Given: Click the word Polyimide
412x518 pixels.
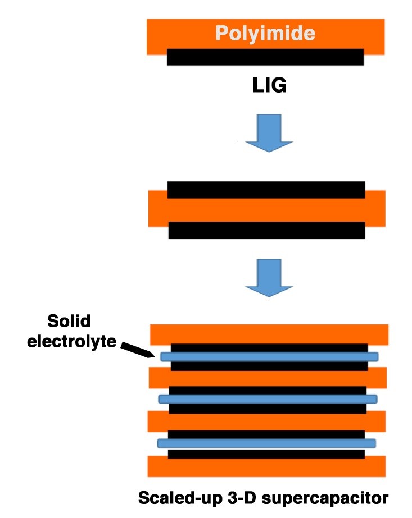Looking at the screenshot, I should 265,34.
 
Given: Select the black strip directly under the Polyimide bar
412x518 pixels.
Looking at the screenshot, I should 265,57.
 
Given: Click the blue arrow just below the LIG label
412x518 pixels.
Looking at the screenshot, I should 268,134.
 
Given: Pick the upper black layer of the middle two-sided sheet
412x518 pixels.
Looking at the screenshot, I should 266,190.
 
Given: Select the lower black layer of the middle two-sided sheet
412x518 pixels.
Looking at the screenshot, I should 266,230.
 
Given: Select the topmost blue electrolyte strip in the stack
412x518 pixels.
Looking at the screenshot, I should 269,356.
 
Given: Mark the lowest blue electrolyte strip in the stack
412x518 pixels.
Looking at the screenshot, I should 266,443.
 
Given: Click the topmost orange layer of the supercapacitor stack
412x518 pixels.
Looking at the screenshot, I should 269,334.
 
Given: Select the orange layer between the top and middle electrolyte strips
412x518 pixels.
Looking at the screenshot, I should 268,378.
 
